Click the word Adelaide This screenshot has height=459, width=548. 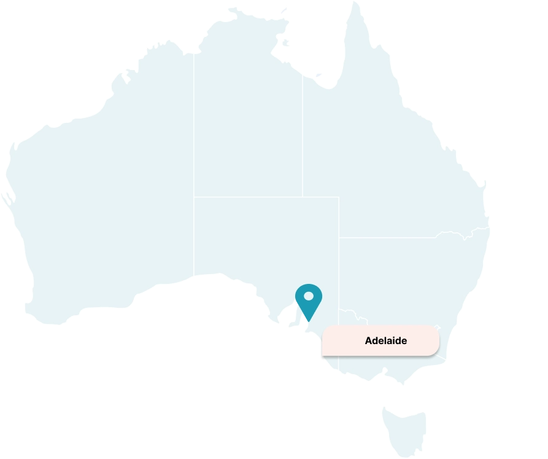[385, 340]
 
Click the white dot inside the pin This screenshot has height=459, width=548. [309, 296]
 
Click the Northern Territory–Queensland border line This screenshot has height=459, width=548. [302, 135]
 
